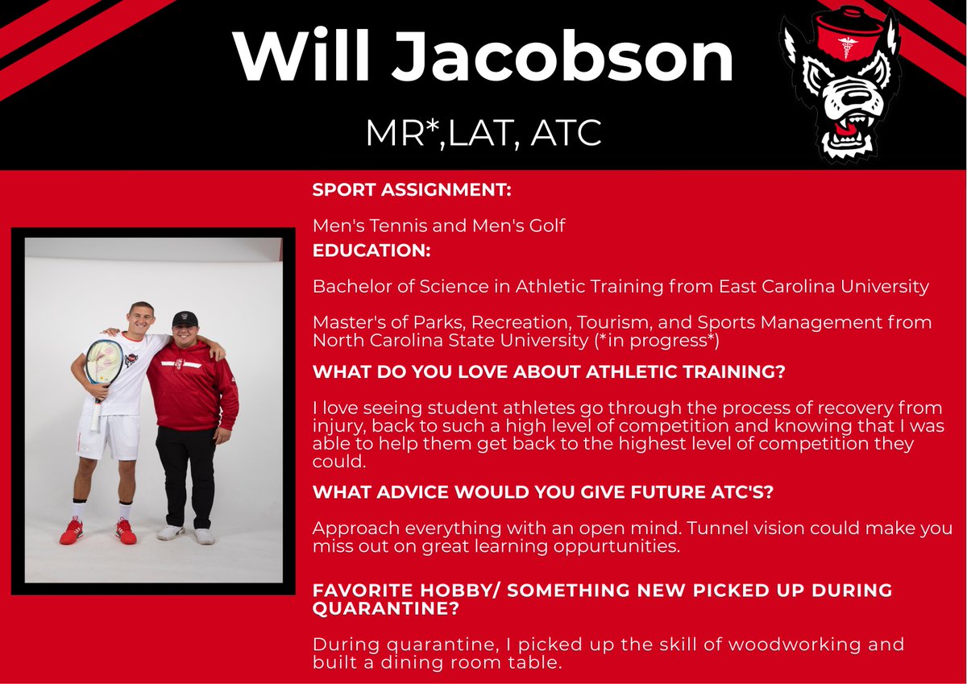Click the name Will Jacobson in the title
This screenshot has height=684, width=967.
coord(483,58)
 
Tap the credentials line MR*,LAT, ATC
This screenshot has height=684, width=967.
coord(483,134)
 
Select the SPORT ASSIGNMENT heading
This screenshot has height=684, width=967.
coord(412,192)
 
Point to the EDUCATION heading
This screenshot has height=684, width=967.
coord(371,251)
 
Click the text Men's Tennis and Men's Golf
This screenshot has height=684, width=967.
coord(438,226)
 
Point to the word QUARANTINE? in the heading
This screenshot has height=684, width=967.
coord(386,609)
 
